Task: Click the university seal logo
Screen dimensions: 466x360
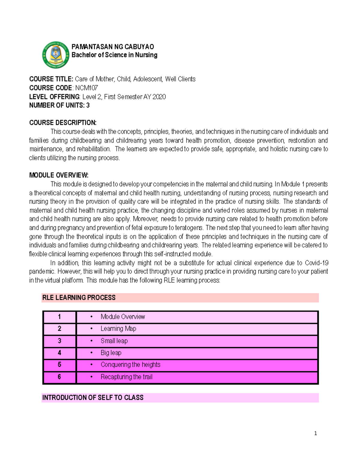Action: (x=56, y=55)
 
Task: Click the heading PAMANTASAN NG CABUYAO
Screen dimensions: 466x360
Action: (x=113, y=47)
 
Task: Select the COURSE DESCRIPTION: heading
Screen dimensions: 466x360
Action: (x=63, y=123)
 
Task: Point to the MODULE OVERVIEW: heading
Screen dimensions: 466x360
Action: (x=59, y=175)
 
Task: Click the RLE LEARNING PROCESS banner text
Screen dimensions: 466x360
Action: (x=79, y=298)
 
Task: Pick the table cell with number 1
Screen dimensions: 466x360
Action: (x=59, y=317)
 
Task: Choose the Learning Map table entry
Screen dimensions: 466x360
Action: (x=118, y=329)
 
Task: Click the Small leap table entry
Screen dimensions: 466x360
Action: (x=114, y=341)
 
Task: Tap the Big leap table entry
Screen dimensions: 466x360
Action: (x=111, y=353)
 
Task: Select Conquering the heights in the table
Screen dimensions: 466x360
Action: (x=130, y=365)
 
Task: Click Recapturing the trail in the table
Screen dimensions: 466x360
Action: (x=126, y=377)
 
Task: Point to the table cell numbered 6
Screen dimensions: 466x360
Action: (x=59, y=377)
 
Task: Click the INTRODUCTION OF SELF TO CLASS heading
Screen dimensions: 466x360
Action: (x=93, y=398)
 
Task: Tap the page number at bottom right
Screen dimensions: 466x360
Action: (x=315, y=433)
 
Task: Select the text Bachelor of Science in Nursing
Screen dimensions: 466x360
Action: (x=114, y=55)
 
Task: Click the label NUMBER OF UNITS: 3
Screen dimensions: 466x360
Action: (x=59, y=105)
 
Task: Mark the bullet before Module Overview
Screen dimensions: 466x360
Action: (x=91, y=317)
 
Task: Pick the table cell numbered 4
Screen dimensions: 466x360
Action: (x=59, y=353)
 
